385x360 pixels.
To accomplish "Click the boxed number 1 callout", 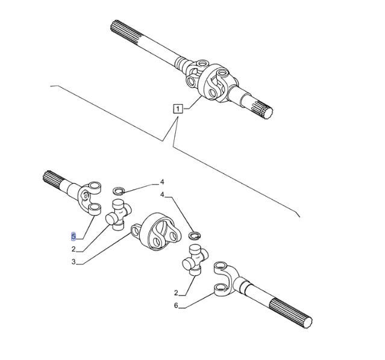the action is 178,108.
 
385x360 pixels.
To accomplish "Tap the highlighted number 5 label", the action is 74,237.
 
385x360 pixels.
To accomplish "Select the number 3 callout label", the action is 74,262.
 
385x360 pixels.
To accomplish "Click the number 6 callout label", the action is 176,306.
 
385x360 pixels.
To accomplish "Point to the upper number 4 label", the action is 162,182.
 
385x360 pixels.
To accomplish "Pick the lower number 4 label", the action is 162,194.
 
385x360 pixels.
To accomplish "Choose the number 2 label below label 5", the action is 74,249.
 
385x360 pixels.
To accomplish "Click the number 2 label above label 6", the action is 176,293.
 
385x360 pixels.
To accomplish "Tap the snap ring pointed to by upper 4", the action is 119,191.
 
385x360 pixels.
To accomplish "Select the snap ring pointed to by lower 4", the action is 195,235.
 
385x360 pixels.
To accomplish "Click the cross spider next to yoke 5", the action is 118,215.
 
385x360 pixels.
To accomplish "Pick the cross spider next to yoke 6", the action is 195,259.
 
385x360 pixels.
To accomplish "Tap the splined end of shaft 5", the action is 52,180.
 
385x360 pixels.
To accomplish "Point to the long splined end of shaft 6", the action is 291,312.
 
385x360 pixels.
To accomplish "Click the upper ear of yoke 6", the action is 220,267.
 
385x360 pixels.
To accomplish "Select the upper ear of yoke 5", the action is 94,187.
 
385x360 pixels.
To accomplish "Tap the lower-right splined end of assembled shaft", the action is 264,109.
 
